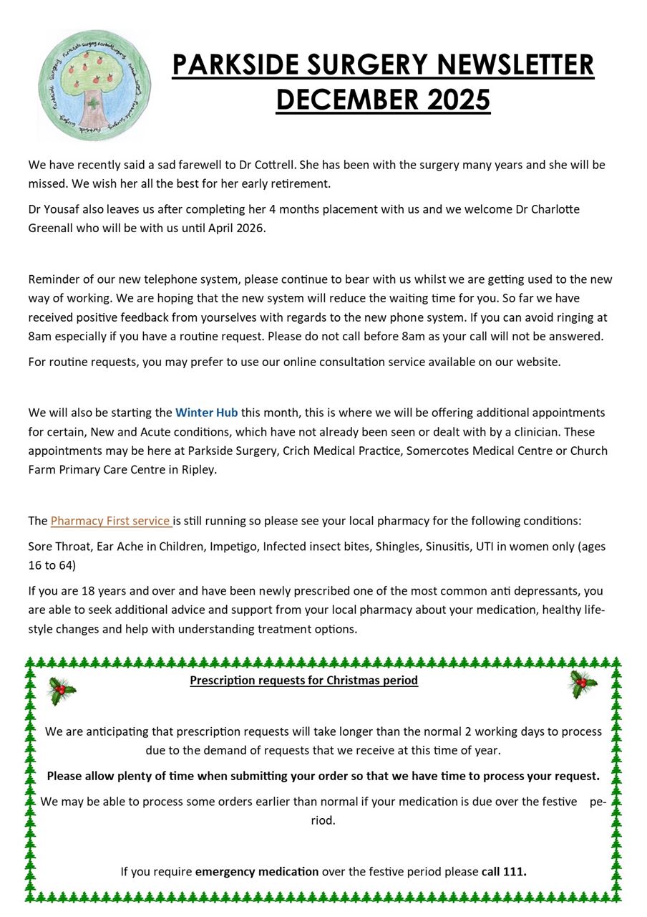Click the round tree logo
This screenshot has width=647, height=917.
[95, 85]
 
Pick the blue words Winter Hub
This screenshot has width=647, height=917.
[206, 413]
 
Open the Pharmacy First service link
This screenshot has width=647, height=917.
[111, 521]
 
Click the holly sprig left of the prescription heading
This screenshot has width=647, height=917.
[62, 691]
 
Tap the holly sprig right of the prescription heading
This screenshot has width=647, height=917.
[583, 684]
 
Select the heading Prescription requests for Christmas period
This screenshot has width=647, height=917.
[303, 680]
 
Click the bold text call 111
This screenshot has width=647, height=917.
[504, 871]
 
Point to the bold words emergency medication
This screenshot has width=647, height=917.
[257, 871]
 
